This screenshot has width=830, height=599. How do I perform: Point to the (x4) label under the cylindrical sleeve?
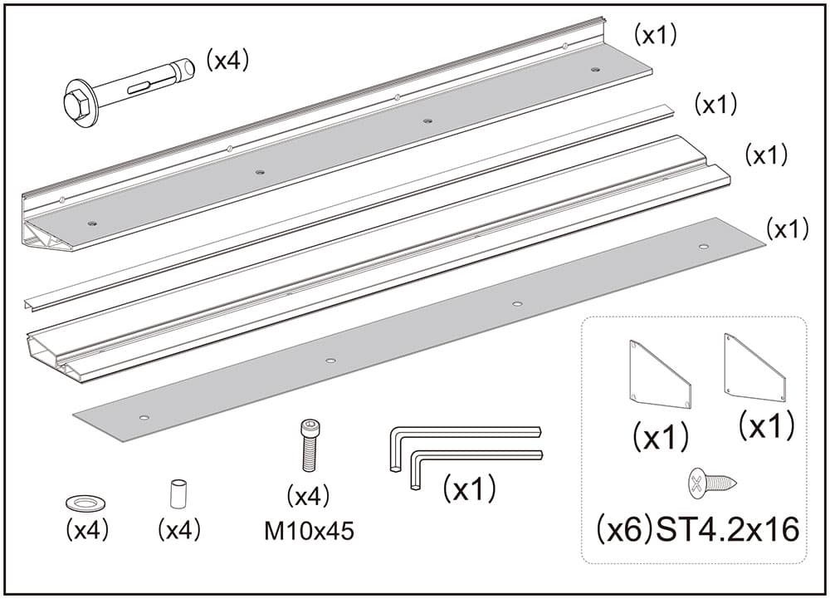pyautogui.click(x=179, y=531)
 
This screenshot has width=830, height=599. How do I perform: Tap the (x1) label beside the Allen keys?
pyautogui.click(x=469, y=489)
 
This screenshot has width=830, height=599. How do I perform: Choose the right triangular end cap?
pyautogui.click(x=753, y=367)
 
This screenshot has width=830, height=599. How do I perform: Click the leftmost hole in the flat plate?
pyautogui.click(x=144, y=416)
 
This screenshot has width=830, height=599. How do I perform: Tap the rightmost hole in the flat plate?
pyautogui.click(x=704, y=247)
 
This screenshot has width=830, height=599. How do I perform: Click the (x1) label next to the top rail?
pyautogui.click(x=656, y=35)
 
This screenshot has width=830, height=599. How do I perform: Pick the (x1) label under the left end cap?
pyautogui.click(x=661, y=436)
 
